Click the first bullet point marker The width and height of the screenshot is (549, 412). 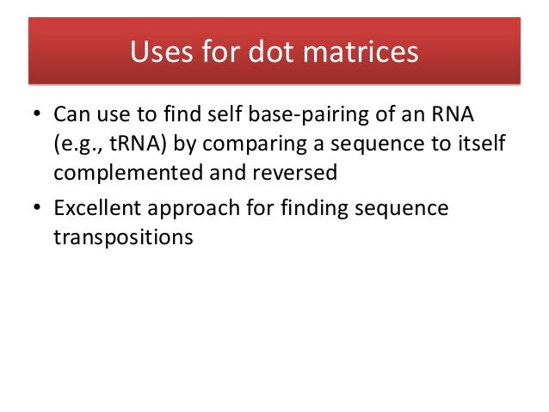click(38, 115)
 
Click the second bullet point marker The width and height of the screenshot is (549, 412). click(38, 211)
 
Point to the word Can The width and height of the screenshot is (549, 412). click(71, 114)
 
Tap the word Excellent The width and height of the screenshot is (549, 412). click(96, 210)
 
